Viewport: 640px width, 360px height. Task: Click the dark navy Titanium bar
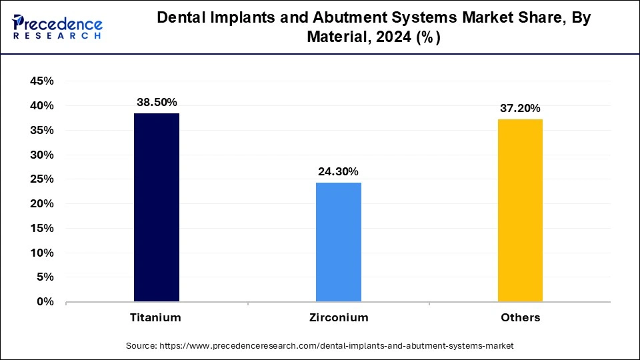point(157,207)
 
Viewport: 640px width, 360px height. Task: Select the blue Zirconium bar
point(338,242)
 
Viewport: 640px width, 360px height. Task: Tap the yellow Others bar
point(520,211)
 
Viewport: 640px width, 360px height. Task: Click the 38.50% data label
point(157,102)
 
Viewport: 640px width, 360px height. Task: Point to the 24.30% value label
point(338,171)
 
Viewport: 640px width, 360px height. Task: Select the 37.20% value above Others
point(520,108)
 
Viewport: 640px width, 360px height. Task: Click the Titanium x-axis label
point(155,317)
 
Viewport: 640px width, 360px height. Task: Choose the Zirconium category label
point(338,317)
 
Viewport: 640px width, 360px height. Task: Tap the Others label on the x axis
point(520,317)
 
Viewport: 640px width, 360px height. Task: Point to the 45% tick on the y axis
point(41,81)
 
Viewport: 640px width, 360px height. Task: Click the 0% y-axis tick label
point(45,302)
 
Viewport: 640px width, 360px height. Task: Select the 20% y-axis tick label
point(41,204)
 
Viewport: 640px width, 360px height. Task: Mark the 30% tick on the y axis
point(41,155)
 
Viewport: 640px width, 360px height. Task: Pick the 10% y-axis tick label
point(41,253)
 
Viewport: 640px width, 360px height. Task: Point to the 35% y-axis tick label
point(41,131)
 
